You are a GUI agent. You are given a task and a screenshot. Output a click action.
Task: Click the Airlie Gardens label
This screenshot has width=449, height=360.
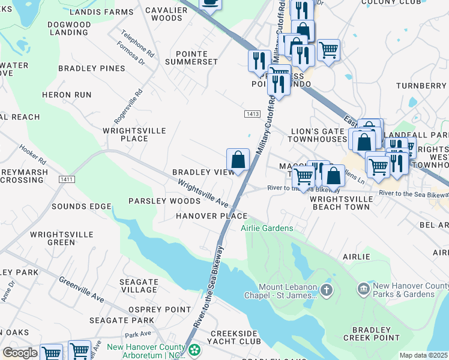[267, 228]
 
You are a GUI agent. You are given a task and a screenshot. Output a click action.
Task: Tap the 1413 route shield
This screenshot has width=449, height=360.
[252, 114]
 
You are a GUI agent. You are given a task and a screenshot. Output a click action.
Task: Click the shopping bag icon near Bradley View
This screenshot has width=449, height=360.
[238, 160]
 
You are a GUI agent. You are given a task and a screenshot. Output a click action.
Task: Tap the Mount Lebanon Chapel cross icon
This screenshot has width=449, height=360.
[325, 291]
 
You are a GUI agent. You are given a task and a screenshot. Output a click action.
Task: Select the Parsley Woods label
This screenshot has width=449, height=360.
[164, 201]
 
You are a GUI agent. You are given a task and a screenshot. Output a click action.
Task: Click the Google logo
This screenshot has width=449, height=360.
[20, 353]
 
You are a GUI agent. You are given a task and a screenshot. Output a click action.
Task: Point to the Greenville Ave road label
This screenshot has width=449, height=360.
[82, 289]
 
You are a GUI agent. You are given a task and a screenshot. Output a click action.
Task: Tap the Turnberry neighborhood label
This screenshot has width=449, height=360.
[421, 86]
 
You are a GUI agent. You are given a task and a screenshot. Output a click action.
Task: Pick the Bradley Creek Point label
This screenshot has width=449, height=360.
[376, 334]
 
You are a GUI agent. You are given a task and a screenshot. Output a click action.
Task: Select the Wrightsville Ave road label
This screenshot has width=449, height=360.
[203, 194]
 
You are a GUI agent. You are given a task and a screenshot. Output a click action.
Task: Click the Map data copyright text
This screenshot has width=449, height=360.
[424, 355]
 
